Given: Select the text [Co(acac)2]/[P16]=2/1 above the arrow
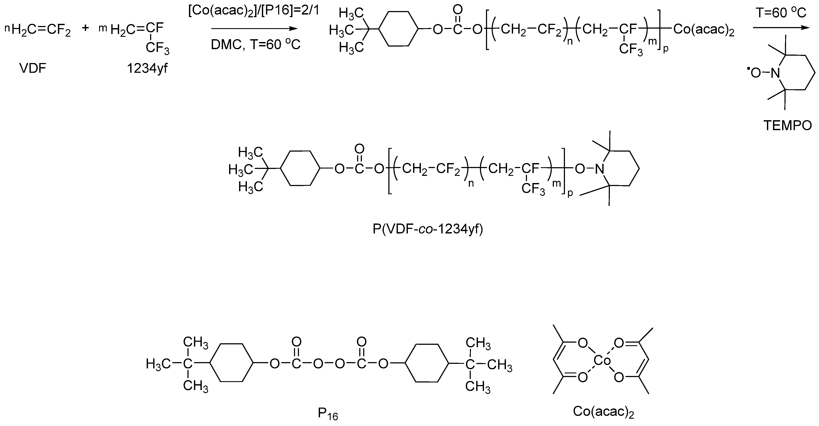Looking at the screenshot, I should (x=253, y=11).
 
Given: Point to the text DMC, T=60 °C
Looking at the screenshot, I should (x=256, y=45).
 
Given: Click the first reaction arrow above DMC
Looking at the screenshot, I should (x=254, y=29).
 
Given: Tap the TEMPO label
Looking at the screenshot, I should (x=788, y=126).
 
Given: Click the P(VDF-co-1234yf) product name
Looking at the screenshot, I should (x=428, y=229).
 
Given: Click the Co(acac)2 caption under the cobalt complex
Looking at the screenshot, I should (x=603, y=412).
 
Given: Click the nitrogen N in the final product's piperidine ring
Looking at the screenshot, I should (x=599, y=169).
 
